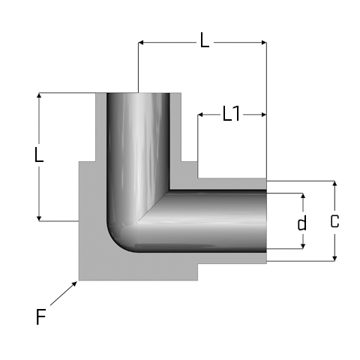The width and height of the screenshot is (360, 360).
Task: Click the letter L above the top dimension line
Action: click(x=204, y=40)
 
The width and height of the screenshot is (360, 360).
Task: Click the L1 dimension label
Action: click(x=231, y=114)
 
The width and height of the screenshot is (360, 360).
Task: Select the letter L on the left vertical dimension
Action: click(x=39, y=155)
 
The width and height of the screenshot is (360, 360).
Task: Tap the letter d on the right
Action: click(x=302, y=223)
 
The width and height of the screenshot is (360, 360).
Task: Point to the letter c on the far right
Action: click(x=334, y=221)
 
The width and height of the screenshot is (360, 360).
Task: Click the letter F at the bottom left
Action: click(x=41, y=316)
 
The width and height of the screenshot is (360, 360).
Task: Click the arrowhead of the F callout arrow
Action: click(x=74, y=283)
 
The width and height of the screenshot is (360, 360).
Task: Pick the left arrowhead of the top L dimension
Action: click(x=141, y=43)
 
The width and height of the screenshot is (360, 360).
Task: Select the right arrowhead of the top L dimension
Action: click(x=264, y=43)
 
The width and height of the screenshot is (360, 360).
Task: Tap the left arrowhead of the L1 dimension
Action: click(x=200, y=115)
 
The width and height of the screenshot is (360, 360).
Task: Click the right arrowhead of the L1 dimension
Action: click(x=264, y=115)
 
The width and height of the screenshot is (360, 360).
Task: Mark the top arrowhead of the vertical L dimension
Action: click(x=39, y=95)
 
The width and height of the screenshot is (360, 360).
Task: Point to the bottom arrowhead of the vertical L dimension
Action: click(x=39, y=219)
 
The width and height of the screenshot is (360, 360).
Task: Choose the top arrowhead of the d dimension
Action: click(x=303, y=196)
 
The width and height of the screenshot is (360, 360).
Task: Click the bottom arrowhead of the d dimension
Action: click(x=303, y=246)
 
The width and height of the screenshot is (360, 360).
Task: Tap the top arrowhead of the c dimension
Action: click(x=335, y=183)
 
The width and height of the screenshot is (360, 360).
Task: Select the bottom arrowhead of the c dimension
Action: click(x=335, y=259)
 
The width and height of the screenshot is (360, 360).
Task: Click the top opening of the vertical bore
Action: click(x=138, y=94)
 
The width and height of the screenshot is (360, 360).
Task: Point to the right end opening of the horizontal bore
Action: click(x=265, y=221)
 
